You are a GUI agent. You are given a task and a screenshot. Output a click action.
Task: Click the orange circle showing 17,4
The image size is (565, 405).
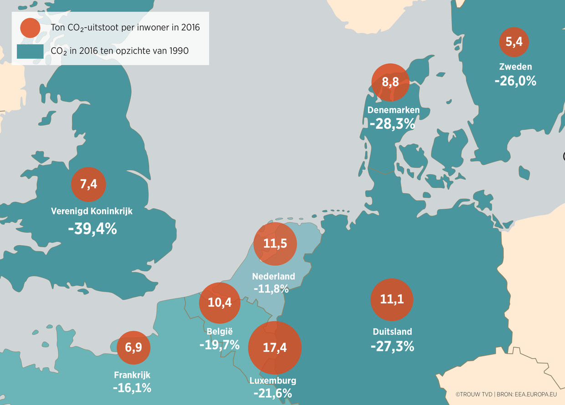coord(275,348)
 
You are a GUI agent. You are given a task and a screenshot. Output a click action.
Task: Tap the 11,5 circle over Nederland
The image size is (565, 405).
coord(275,244)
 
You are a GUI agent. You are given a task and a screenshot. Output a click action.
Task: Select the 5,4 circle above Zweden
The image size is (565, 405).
coord(514,42)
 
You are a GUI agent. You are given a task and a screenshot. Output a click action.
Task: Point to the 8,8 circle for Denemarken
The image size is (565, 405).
coord(390,83)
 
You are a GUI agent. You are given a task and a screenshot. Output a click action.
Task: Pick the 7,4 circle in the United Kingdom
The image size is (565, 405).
coord(88,185)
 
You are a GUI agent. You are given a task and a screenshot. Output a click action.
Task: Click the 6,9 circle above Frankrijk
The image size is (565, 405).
coord(134,348)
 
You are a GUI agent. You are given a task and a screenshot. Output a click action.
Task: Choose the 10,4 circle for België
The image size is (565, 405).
coord(220,302)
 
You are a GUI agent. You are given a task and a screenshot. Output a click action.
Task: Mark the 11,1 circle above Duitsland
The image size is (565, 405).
coord(392,299)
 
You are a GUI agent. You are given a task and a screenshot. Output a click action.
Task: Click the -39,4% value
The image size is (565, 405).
coord(92,229)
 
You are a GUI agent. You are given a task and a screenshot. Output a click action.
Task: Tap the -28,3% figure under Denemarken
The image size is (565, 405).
coord(392,123)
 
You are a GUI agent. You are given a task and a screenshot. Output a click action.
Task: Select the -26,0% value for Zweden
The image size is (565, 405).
coord(515,81)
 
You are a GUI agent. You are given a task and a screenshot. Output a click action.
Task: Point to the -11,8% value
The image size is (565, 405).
coord(272,288)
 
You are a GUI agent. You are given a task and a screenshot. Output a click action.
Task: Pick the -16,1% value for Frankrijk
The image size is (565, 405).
coord(132,388)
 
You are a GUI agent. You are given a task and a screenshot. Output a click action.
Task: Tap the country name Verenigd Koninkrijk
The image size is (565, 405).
coord(92,211)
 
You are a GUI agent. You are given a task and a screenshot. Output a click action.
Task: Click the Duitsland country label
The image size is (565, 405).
coord(392,331)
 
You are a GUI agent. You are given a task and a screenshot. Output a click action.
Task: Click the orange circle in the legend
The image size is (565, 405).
coord(31,28)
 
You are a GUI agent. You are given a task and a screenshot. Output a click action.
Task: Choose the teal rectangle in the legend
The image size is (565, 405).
coord(30,51)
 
